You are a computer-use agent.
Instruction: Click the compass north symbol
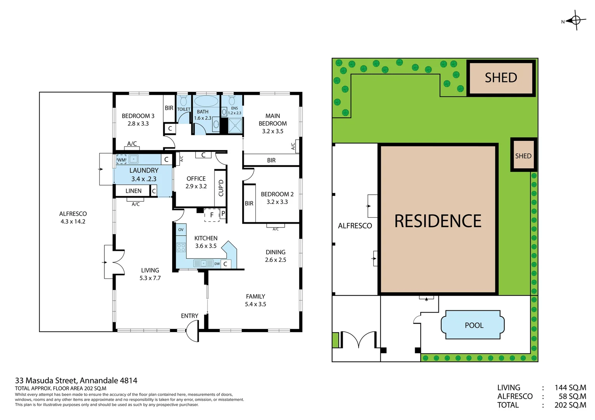coord(576,20)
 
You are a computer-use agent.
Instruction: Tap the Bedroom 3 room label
coord(138,119)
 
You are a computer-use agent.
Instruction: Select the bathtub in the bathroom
coord(206,101)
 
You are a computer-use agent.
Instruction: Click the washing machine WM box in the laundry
coord(121,159)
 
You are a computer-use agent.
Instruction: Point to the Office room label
coord(196,182)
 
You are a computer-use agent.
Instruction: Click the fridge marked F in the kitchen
coord(212,215)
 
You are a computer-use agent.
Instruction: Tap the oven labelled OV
coord(181,229)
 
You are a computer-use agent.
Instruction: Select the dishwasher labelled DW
coord(217,264)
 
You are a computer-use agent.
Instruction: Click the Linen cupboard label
coord(133,191)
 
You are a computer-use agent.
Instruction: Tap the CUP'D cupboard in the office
coord(221,188)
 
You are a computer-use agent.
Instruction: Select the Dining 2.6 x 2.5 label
coord(275,256)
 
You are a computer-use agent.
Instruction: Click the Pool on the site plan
coord(474,325)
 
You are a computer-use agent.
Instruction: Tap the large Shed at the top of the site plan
coord(501,78)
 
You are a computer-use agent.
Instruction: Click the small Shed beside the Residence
coord(523,156)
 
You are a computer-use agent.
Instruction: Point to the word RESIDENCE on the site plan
coord(438,221)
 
